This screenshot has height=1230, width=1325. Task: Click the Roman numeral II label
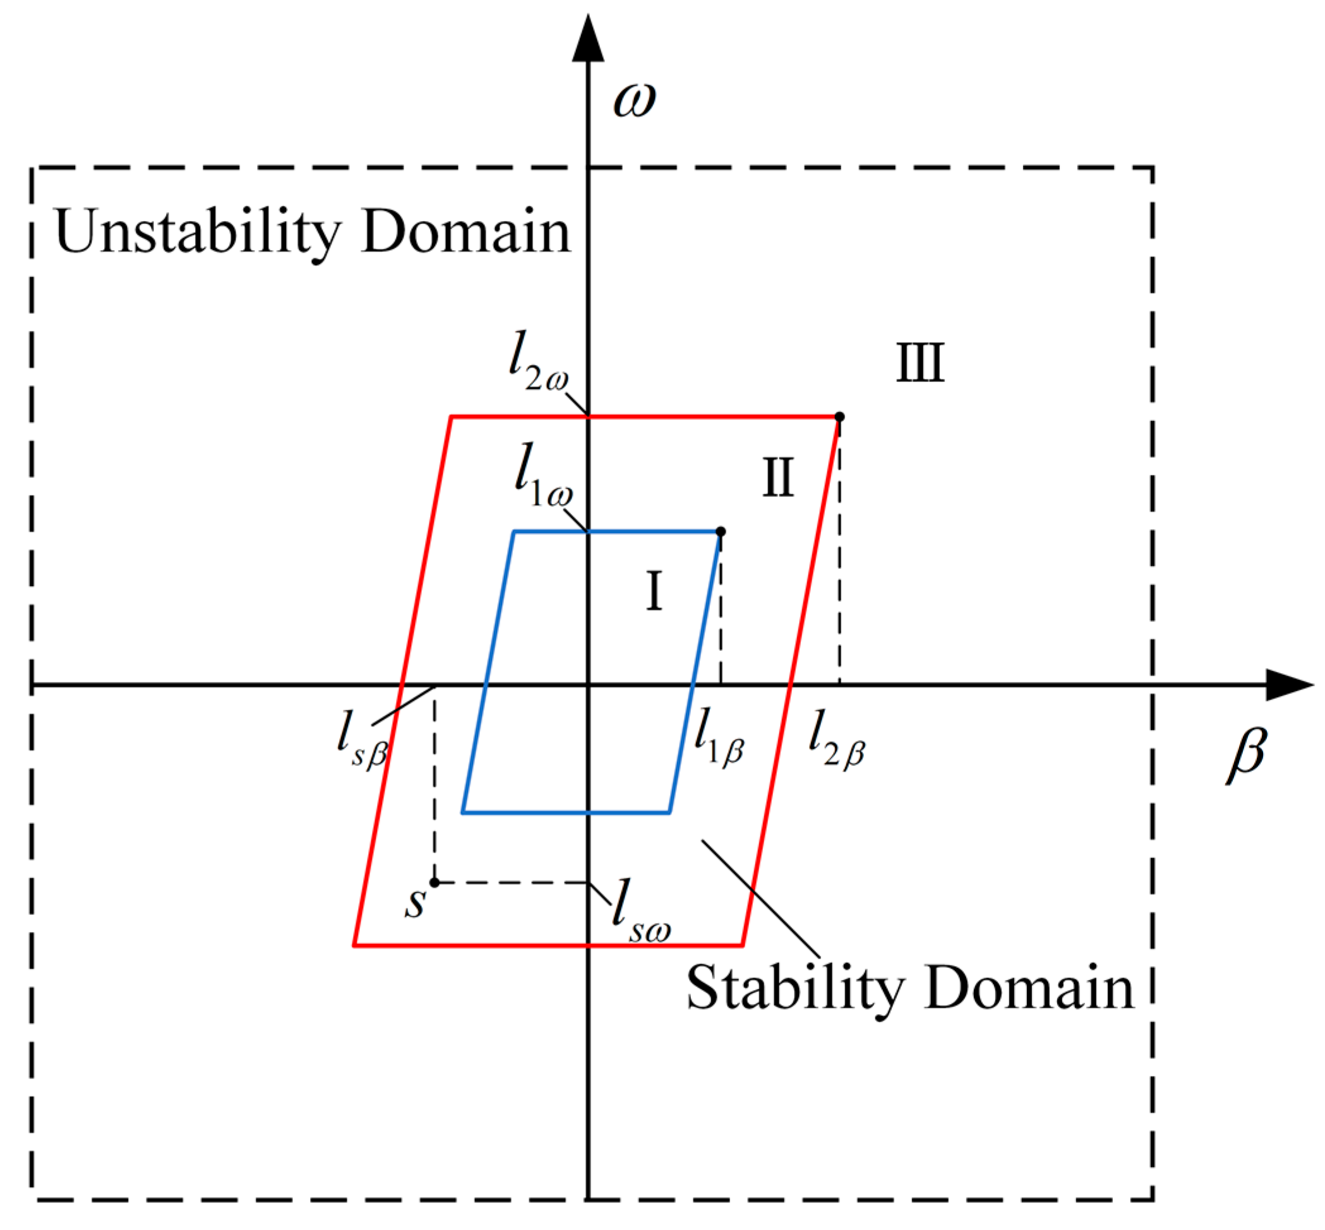[x=777, y=478]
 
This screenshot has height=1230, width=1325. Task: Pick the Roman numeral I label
[x=654, y=592]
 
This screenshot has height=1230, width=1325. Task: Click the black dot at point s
[x=434, y=883]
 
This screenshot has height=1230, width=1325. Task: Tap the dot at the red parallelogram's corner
[x=839, y=417]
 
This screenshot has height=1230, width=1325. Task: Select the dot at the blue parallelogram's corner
[x=721, y=532]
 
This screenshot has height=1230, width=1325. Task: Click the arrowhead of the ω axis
[x=589, y=40]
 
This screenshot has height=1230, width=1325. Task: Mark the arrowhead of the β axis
[x=1288, y=684]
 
